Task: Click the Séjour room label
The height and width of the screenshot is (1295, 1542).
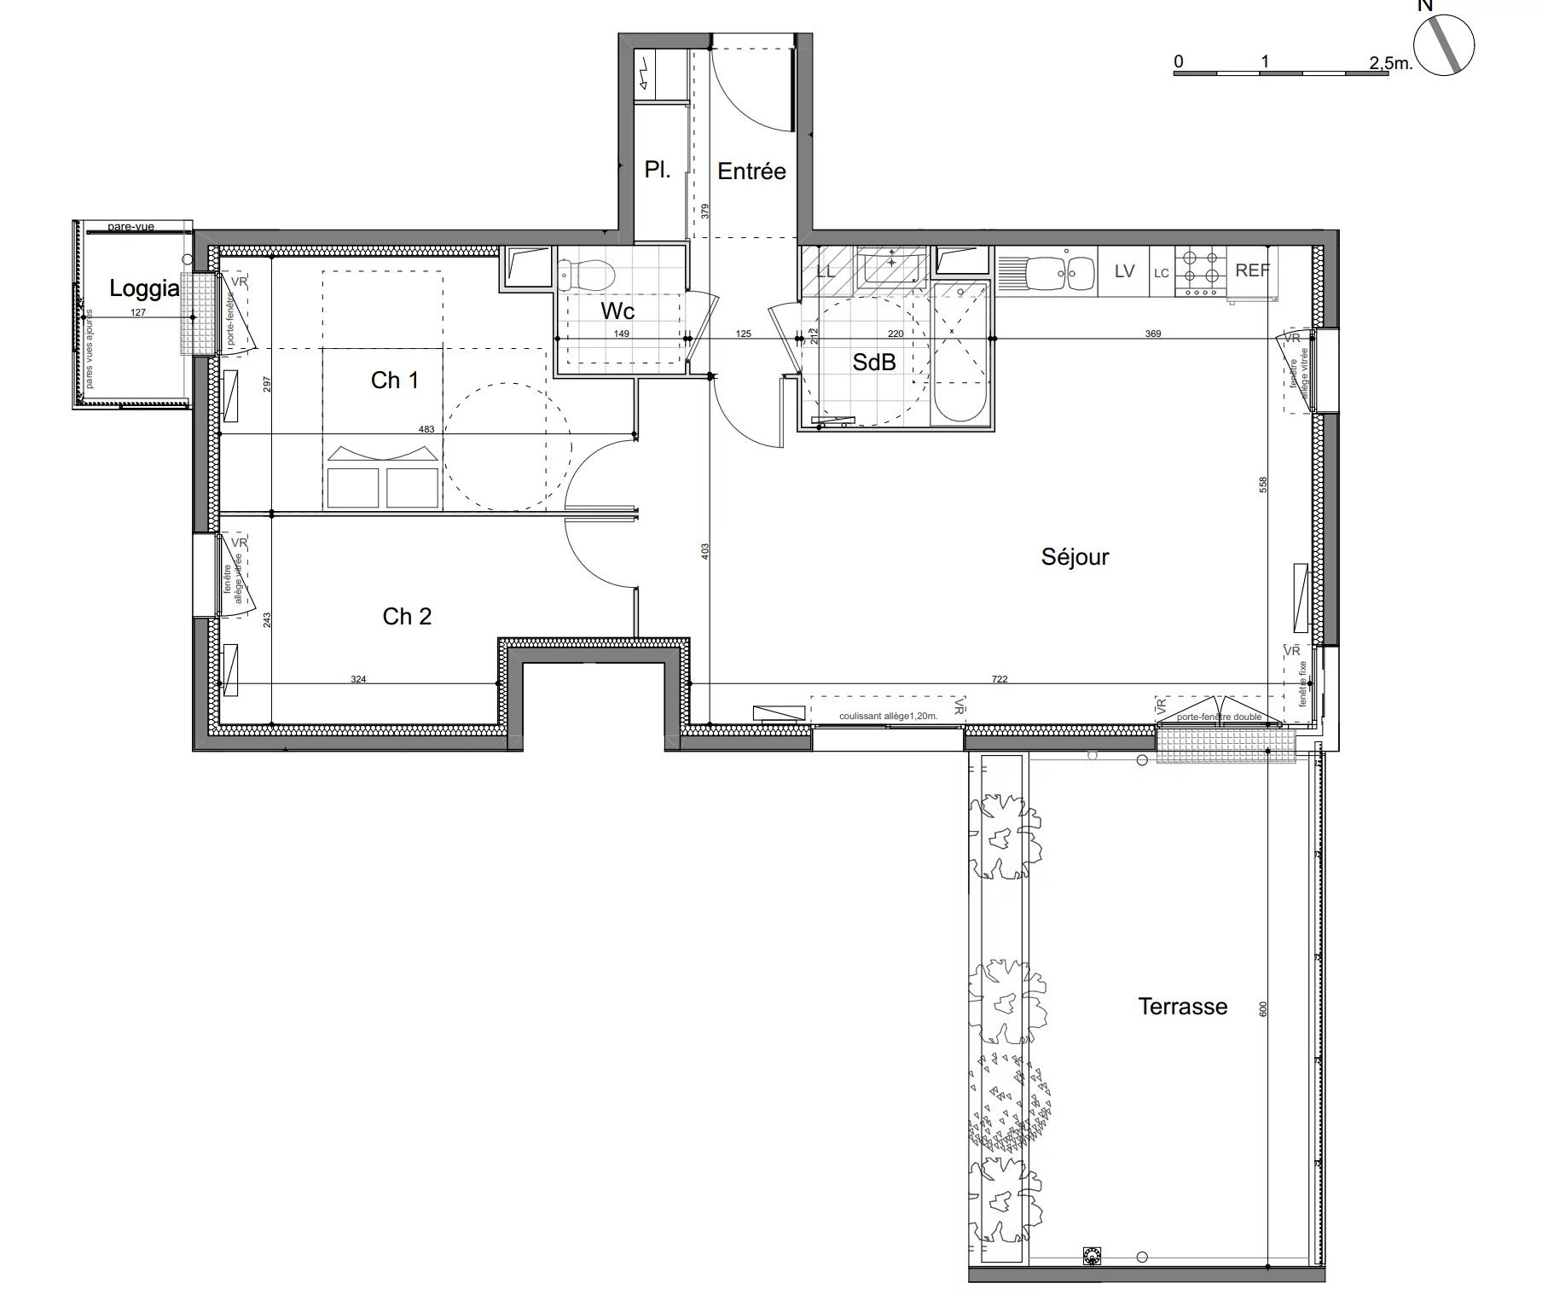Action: [x=1075, y=557]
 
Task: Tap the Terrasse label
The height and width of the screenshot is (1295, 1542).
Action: [x=1182, y=1007]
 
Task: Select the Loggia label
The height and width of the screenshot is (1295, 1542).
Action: [x=144, y=288]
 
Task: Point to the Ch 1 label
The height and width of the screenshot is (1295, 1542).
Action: [x=395, y=380]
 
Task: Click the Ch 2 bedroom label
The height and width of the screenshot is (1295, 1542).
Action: [x=407, y=616]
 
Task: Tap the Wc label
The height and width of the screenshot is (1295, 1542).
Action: [x=617, y=311]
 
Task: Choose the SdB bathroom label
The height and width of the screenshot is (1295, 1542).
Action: [x=874, y=363]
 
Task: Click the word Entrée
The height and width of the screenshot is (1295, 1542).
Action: [x=751, y=171]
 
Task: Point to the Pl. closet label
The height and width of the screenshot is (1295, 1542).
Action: [x=657, y=170]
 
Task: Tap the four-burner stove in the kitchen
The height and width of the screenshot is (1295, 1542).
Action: [x=1202, y=271]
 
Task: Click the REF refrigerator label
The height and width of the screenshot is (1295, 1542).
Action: [x=1252, y=270]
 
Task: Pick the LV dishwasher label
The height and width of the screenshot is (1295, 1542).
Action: [x=1124, y=271]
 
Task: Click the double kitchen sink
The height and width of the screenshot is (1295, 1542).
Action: [x=1061, y=273]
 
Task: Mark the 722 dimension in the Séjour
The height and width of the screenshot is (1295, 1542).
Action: [x=1000, y=679]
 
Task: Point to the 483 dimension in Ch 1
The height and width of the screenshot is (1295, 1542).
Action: [x=426, y=430]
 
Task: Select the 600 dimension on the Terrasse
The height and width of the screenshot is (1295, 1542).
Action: [x=1264, y=1008]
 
